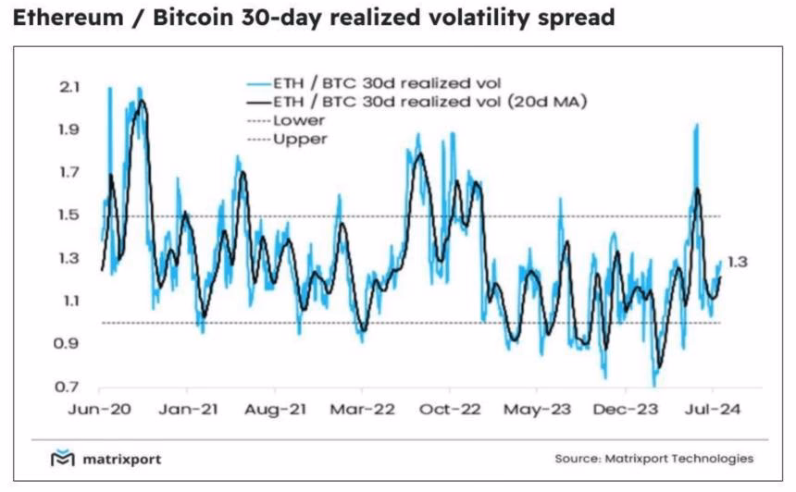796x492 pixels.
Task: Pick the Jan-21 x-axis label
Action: pos(186,408)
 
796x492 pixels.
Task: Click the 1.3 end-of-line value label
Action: pos(738,263)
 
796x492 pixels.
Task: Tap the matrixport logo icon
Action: pos(60,459)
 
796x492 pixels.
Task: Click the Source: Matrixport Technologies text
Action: pos(653,459)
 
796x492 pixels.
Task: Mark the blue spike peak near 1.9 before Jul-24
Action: pos(695,126)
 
